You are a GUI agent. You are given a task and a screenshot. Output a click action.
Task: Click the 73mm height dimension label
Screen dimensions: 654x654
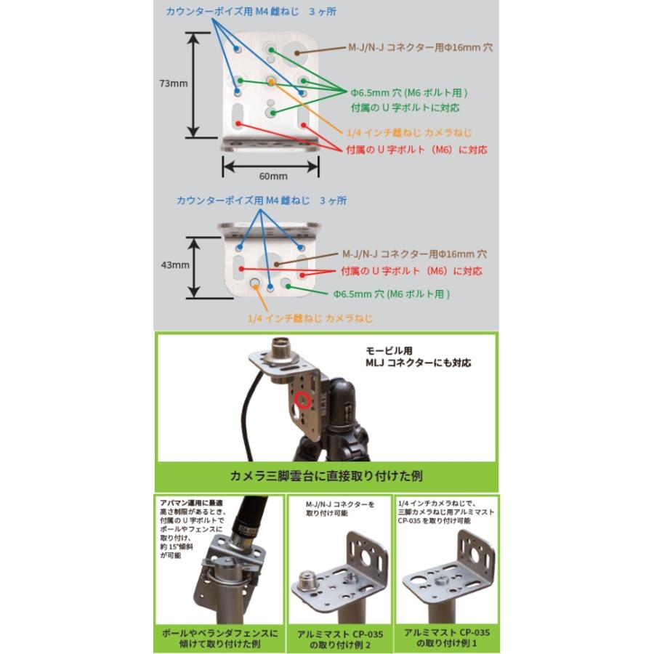pyautogui.click(x=174, y=84)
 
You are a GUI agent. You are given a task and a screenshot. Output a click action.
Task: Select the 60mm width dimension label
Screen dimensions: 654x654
pyautogui.click(x=272, y=176)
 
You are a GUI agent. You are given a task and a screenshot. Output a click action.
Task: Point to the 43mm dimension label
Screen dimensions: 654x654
pyautogui.click(x=174, y=266)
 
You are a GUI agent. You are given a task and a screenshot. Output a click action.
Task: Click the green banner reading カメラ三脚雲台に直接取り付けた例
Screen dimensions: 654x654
pyautogui.click(x=326, y=477)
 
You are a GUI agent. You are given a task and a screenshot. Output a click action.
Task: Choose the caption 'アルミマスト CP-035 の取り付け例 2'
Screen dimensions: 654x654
pyautogui.click(x=339, y=638)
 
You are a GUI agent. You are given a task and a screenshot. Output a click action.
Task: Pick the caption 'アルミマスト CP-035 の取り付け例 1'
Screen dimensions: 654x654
pyautogui.click(x=448, y=638)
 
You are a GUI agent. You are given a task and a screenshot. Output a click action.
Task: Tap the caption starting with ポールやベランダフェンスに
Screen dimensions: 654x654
pyautogui.click(x=219, y=638)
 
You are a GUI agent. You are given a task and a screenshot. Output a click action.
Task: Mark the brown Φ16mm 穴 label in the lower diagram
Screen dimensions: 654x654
pyautogui.click(x=414, y=255)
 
